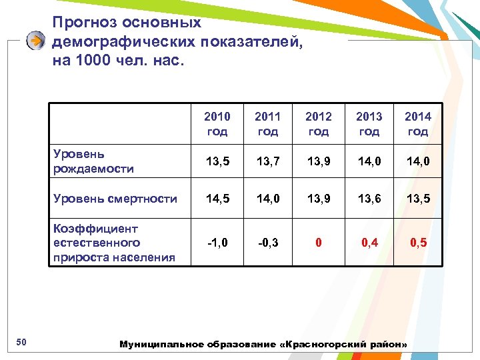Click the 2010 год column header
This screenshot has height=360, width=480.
coord(217,124)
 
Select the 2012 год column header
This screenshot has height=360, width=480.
coord(318,124)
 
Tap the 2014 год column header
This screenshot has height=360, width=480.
coord(418,124)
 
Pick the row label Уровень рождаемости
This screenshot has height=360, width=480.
coord(93,161)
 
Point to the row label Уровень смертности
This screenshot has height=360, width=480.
coord(115,199)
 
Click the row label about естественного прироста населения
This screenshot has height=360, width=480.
coord(114,243)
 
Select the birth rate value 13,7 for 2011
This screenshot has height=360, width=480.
coord(267,161)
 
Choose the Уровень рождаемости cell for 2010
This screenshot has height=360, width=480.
coord(217,161)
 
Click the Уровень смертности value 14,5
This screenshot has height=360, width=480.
coord(217,199)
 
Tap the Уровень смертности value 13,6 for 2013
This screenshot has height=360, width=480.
coord(369,199)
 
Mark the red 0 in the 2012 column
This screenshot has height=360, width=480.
coord(318,243)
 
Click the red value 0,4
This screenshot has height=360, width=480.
coord(369,243)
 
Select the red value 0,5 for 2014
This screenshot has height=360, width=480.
coord(418,243)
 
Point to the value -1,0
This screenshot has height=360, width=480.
coord(217,243)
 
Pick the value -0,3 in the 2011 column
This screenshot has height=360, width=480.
coord(267,243)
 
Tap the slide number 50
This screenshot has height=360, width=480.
coord(21,343)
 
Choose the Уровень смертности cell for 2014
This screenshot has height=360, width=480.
coord(418,199)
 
